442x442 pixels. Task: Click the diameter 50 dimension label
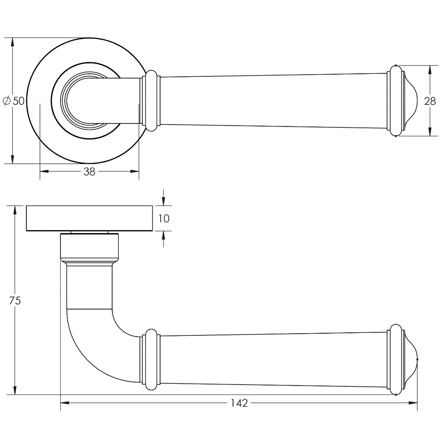coord(14,101)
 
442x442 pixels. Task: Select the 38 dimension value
coord(89,171)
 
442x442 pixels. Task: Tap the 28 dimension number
coord(430,101)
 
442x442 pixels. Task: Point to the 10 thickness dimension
coord(164,218)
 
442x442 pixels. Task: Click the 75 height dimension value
coord(15,300)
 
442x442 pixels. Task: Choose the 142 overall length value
coord(239,403)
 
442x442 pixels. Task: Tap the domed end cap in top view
coord(410,101)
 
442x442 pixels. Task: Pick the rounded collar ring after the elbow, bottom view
coord(151,359)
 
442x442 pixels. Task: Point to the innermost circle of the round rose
coord(80,100)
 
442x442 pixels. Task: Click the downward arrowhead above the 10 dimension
coord(163,202)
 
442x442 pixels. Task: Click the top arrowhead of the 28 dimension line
coord(430,69)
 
